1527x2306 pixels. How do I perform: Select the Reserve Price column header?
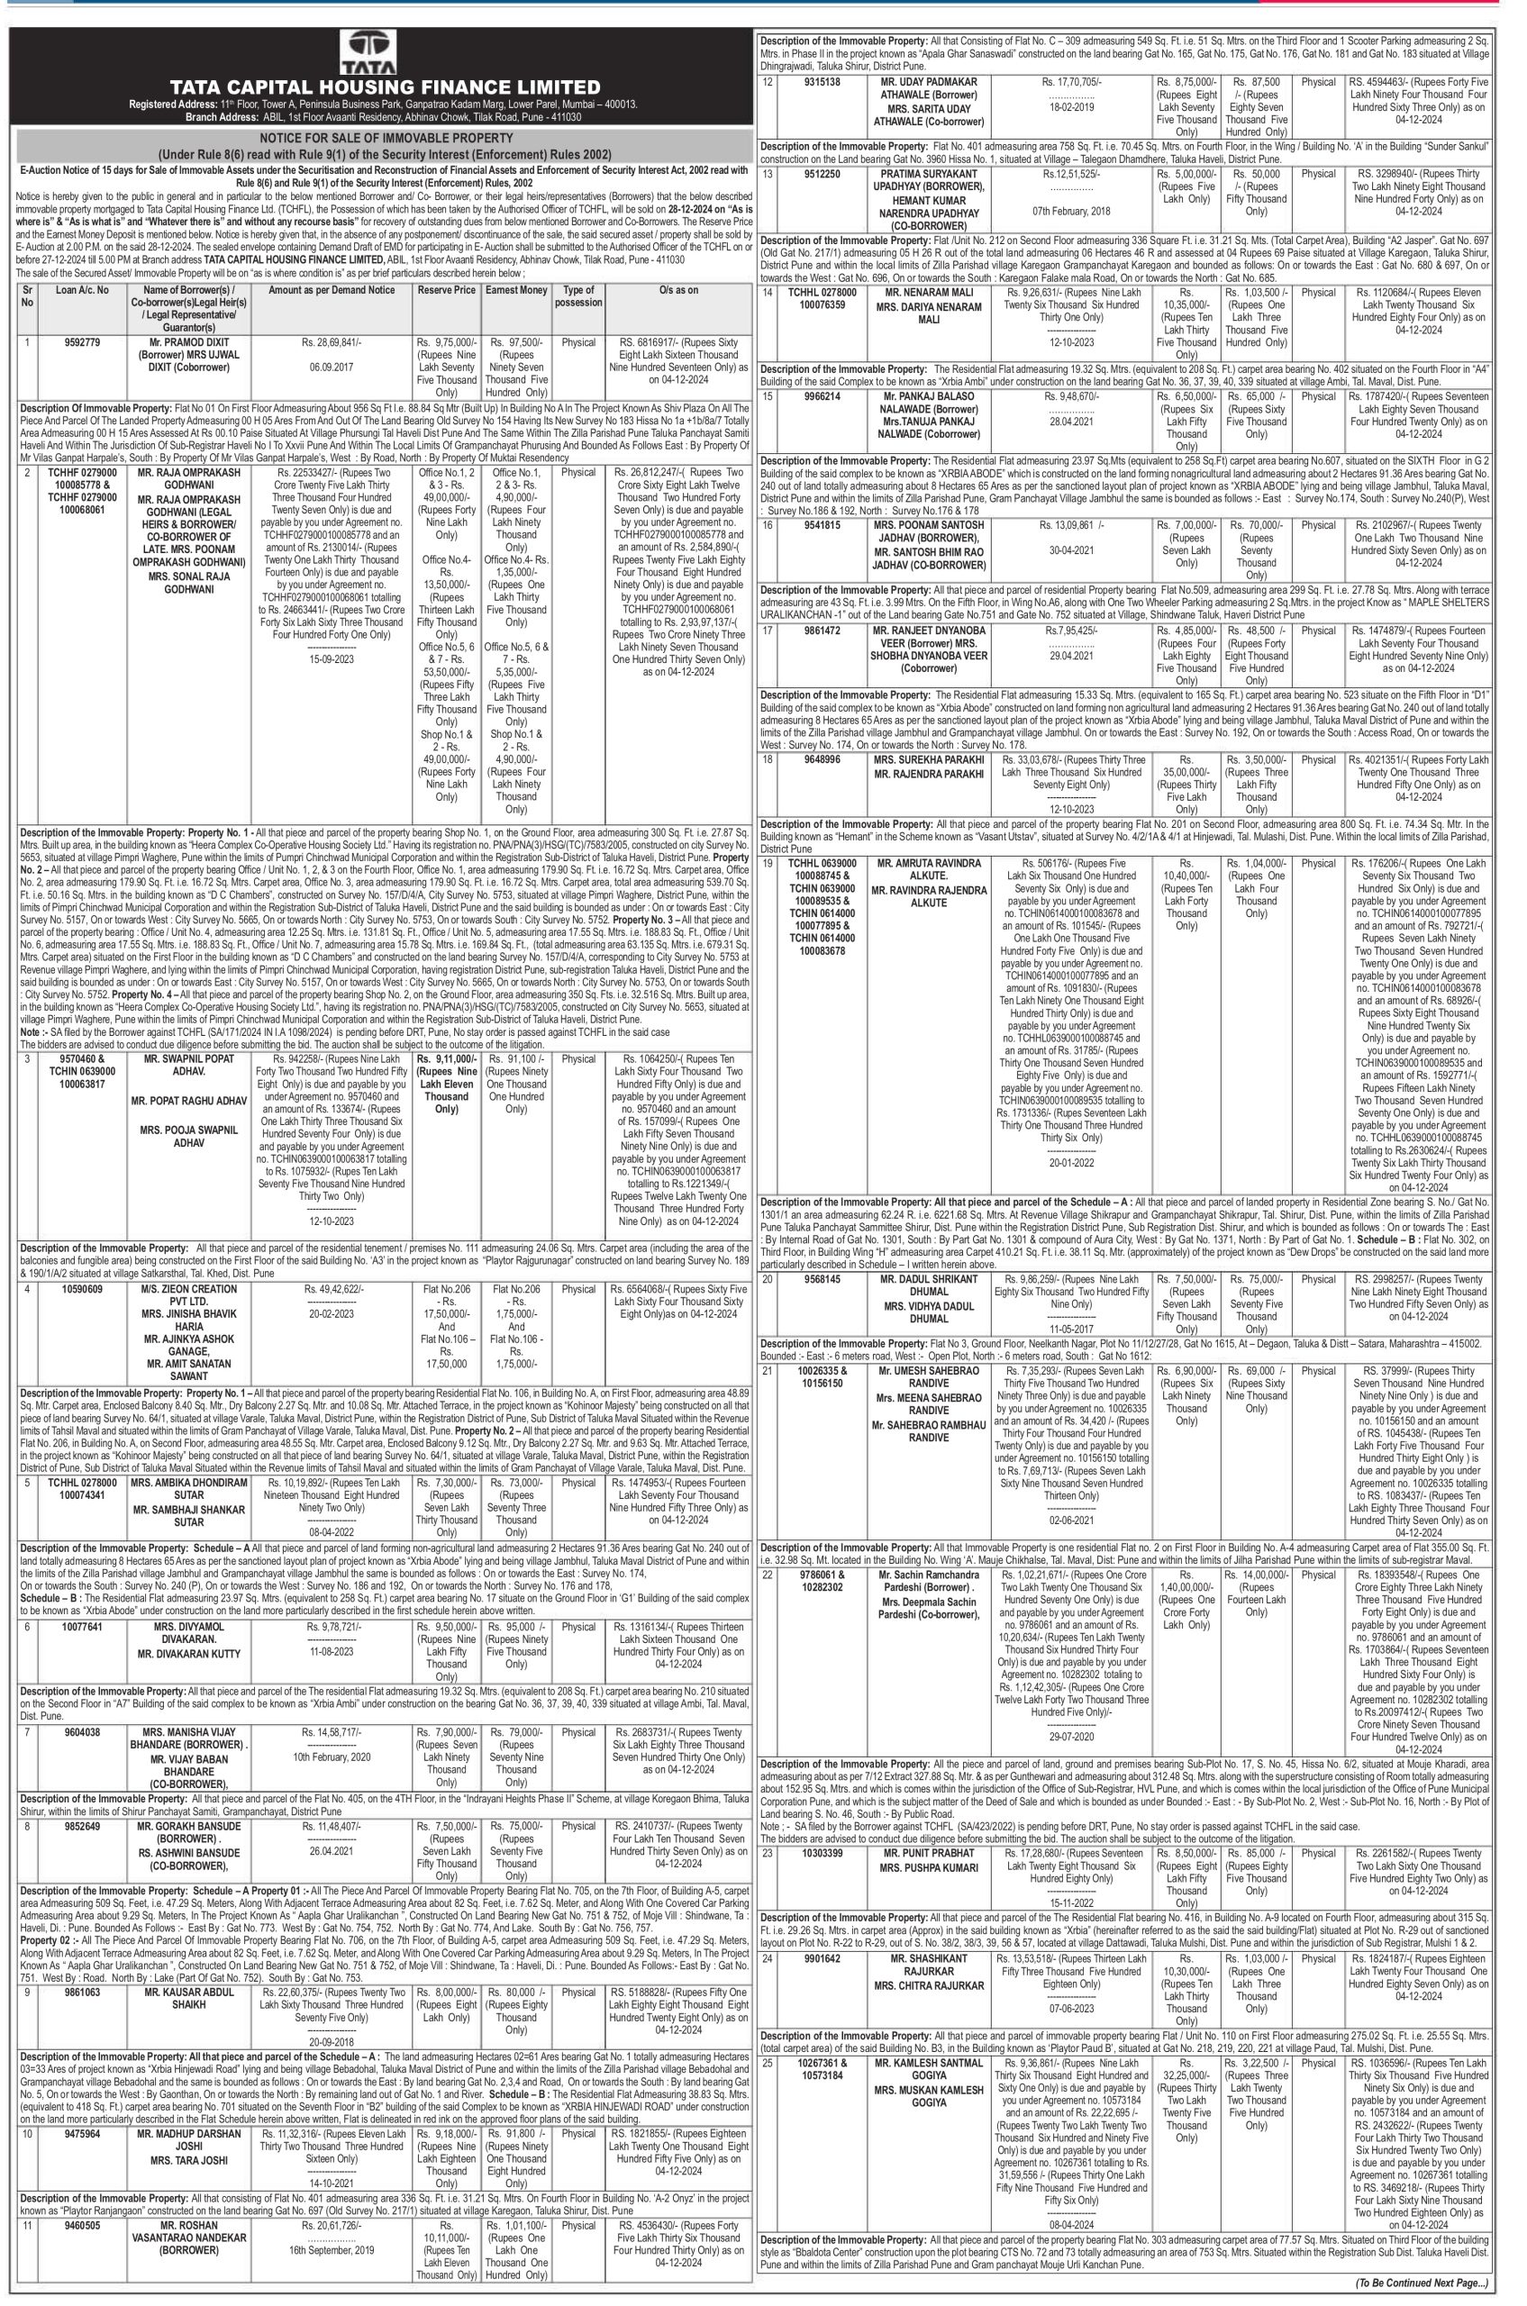(x=446, y=289)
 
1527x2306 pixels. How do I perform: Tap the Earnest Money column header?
(x=516, y=289)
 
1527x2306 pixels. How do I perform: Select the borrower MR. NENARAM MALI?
(x=929, y=291)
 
